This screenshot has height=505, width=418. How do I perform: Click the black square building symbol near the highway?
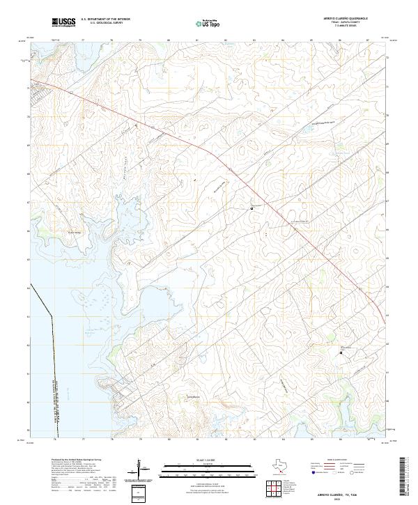pos(251,208)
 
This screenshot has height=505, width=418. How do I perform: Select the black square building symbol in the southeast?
pos(341,353)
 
